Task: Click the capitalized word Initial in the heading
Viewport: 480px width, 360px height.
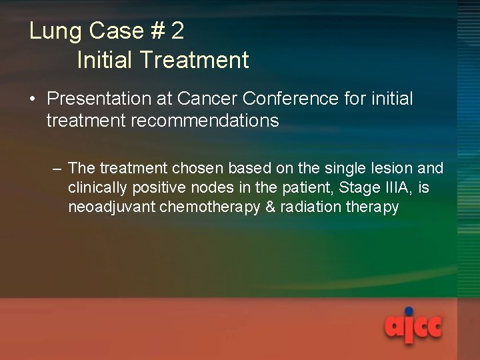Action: (x=105, y=60)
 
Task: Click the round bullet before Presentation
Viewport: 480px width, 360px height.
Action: (x=33, y=99)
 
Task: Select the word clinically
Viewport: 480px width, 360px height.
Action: (x=97, y=188)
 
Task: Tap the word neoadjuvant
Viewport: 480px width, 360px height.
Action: (x=112, y=207)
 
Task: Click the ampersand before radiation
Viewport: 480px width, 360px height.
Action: (x=270, y=207)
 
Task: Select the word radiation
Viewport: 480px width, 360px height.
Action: (x=311, y=207)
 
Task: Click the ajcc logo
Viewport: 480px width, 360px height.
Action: (x=413, y=327)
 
